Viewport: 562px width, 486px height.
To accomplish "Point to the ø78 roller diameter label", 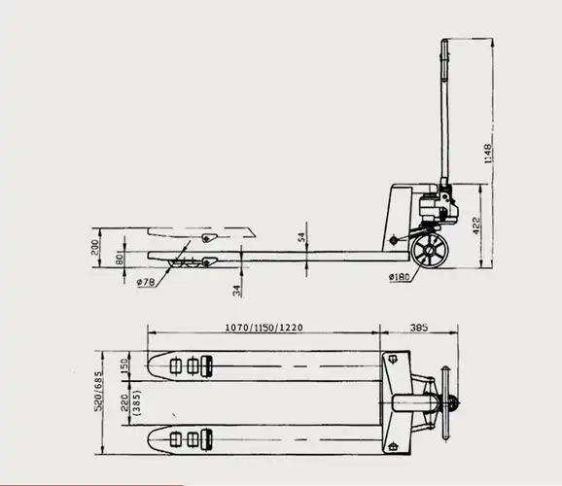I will click(x=147, y=283).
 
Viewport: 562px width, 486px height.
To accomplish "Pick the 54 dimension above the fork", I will click(x=301, y=236).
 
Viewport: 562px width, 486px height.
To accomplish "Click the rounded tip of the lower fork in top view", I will click(x=154, y=439).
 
